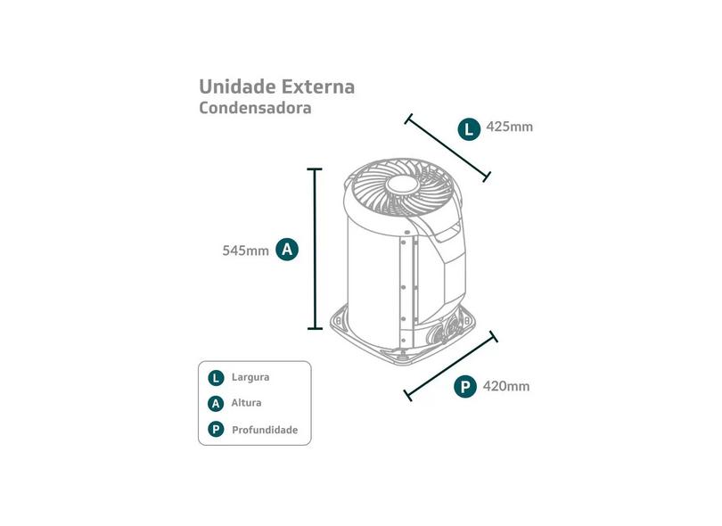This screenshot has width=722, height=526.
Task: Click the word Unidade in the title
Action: pyautogui.click(x=237, y=86)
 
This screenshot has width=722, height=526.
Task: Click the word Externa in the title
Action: pyautogui.click(x=318, y=86)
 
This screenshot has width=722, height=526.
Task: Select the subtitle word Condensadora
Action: pyautogui.click(x=255, y=108)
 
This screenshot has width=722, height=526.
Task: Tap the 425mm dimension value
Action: pyautogui.click(x=509, y=127)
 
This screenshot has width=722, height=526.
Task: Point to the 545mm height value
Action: pyautogui.click(x=245, y=251)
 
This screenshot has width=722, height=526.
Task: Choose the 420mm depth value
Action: pyautogui.click(x=506, y=386)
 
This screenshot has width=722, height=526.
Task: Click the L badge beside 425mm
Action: pyautogui.click(x=469, y=129)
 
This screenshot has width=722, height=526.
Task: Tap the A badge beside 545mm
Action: pyautogui.click(x=287, y=250)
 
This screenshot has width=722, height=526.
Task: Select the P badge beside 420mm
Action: pyautogui.click(x=465, y=386)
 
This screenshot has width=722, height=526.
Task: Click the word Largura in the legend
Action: pyautogui.click(x=250, y=377)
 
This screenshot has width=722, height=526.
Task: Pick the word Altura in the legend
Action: pyautogui.click(x=246, y=403)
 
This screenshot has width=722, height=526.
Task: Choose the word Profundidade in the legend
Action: pyautogui.click(x=265, y=431)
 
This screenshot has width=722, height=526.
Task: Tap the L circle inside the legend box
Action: pyautogui.click(x=216, y=378)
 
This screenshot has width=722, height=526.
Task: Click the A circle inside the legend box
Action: pyautogui.click(x=216, y=404)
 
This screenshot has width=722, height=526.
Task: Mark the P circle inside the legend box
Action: pyautogui.click(x=216, y=430)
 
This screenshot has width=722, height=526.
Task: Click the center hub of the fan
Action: pyautogui.click(x=403, y=185)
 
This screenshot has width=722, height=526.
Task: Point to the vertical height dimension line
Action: pyautogui.click(x=315, y=249)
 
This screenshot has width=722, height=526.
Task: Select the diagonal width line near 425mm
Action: pyautogui.click(x=447, y=147)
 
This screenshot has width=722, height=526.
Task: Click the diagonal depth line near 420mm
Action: pyautogui.click(x=451, y=366)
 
